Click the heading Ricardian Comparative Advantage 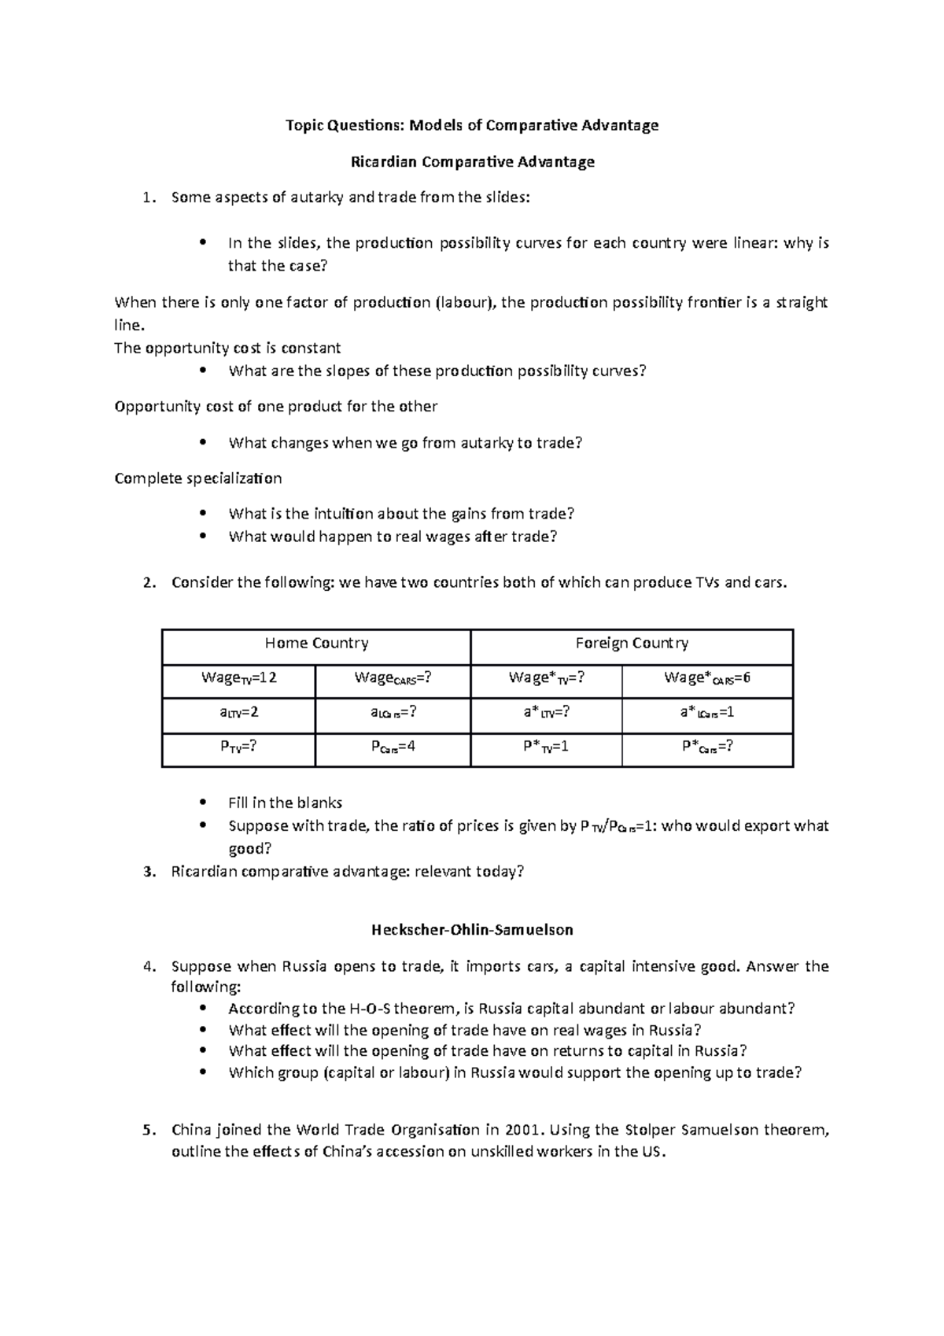[x=472, y=162]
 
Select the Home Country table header [x=316, y=644]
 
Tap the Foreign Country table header [x=632, y=644]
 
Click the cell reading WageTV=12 [x=239, y=678]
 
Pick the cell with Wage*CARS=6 [x=706, y=678]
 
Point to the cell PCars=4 [x=393, y=747]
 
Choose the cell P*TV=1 [x=546, y=747]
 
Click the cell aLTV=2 [x=239, y=713]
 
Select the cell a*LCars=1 [x=706, y=713]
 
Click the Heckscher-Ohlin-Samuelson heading [x=472, y=930]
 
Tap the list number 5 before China [x=149, y=1131]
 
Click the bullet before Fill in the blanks [x=203, y=803]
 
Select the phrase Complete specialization [x=197, y=478]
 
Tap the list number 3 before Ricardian [x=149, y=872]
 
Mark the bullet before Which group [x=203, y=1072]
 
